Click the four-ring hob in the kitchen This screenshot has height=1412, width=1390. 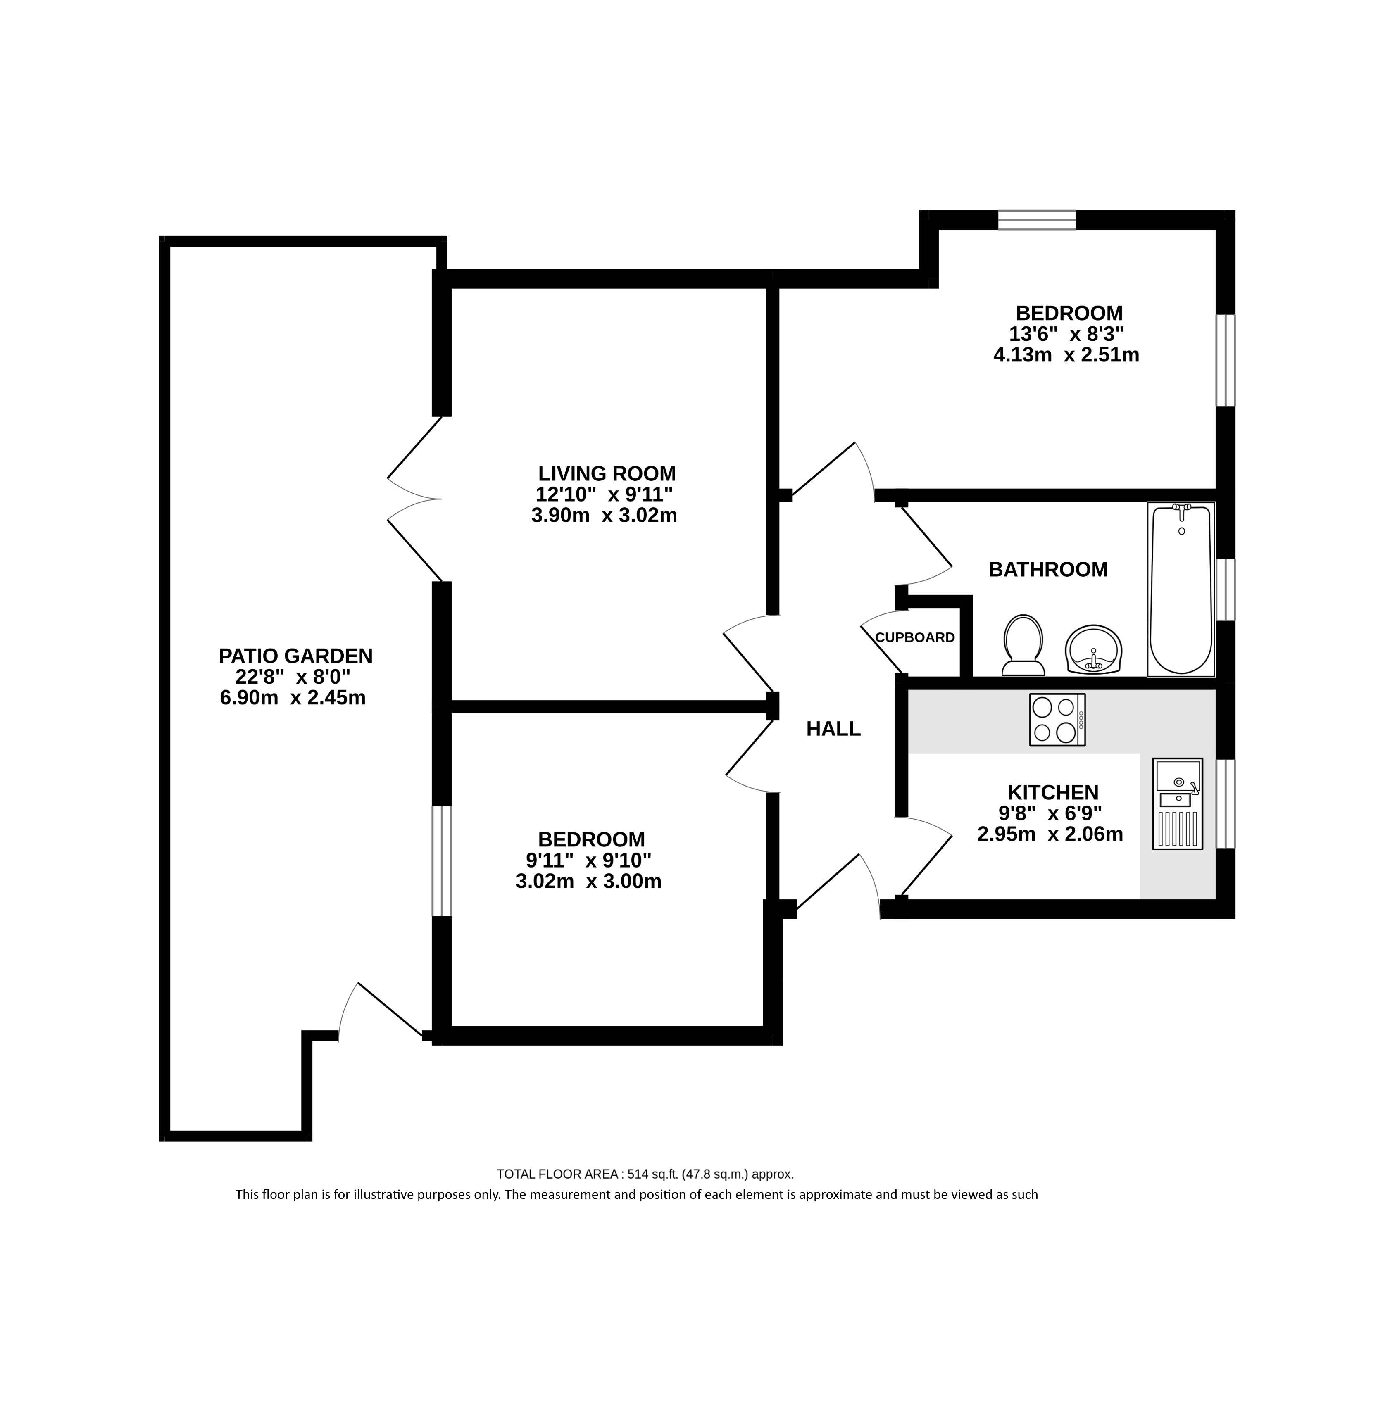1057,720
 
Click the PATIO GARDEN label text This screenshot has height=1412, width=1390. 296,656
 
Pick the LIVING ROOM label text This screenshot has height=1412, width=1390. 607,473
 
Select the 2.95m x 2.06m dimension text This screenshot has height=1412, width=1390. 1050,834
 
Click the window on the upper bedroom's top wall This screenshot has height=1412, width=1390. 1037,220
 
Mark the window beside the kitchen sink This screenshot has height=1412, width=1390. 1226,803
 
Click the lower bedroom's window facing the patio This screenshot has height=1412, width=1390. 442,861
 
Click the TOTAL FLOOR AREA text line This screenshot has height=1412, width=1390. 645,1174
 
